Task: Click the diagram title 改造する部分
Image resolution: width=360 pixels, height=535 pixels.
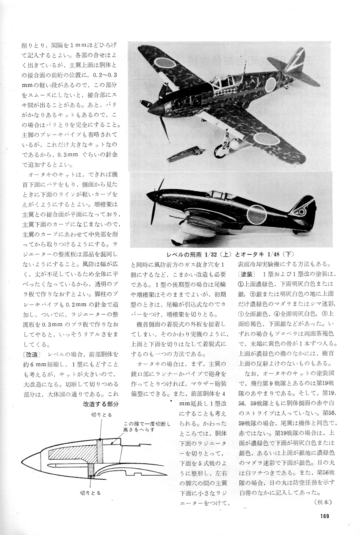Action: [x=100, y=404]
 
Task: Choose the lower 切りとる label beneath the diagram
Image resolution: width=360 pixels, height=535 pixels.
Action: [x=90, y=493]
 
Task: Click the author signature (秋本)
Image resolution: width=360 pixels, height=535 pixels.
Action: [x=323, y=502]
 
